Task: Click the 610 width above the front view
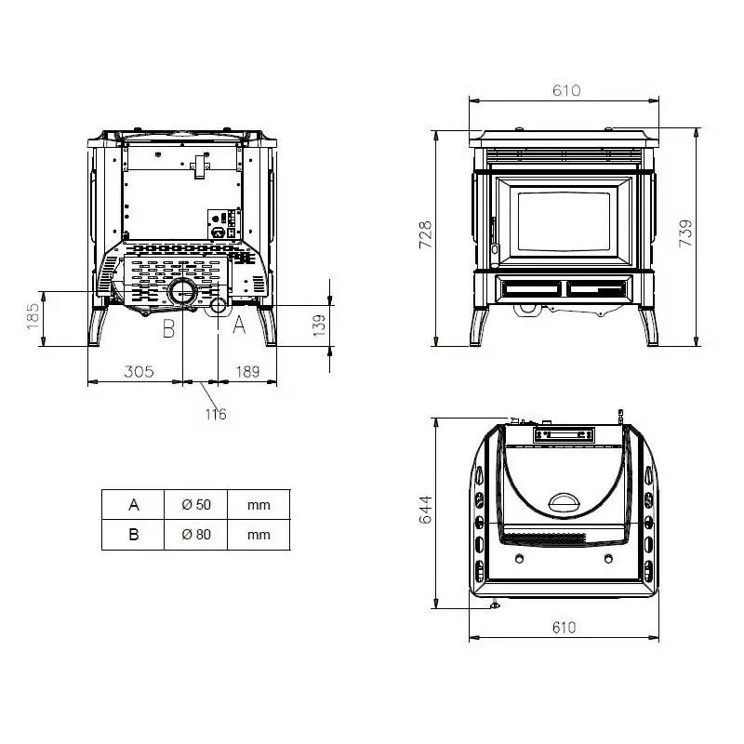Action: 565,90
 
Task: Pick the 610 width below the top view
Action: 564,628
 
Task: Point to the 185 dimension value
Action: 33,319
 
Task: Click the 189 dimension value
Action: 246,372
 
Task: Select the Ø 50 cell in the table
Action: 196,505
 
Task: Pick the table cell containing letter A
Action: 134,505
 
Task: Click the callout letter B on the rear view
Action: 168,326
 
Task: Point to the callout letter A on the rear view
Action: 237,325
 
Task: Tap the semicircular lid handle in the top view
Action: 564,502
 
